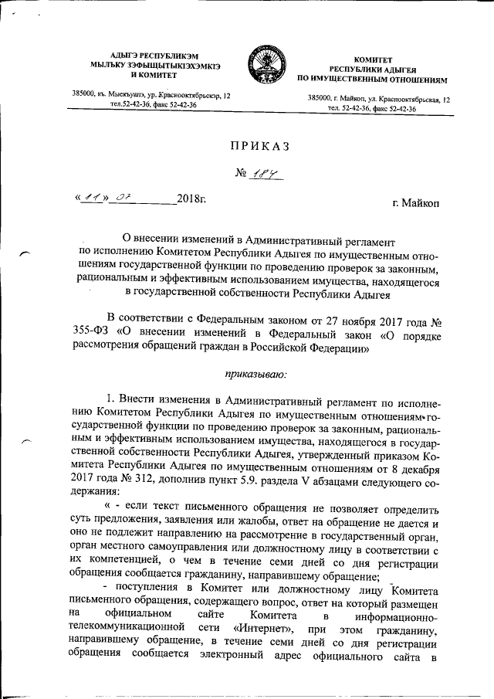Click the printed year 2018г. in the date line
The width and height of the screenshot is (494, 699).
pos(191,200)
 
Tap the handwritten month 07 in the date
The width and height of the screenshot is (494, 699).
pos(121,199)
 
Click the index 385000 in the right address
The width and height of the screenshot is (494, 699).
pos(320,100)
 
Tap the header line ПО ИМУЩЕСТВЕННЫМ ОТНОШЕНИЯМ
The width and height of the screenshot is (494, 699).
pos(372,80)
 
